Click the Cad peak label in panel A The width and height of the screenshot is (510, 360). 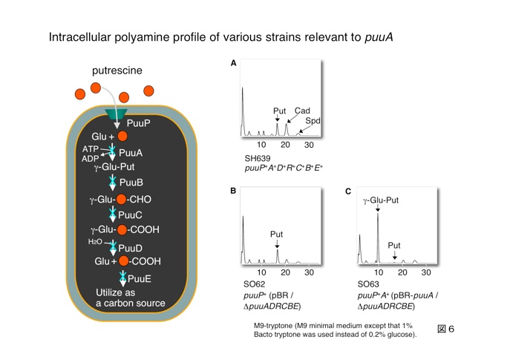tap(302, 111)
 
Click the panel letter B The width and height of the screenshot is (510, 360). tap(234, 191)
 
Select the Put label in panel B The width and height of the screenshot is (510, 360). tap(277, 234)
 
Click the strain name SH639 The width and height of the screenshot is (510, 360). tap(258, 159)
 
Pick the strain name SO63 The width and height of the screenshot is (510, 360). tap(368, 285)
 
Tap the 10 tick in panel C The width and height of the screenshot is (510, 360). tap(378, 272)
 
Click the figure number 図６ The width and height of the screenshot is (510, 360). tap(445, 329)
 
